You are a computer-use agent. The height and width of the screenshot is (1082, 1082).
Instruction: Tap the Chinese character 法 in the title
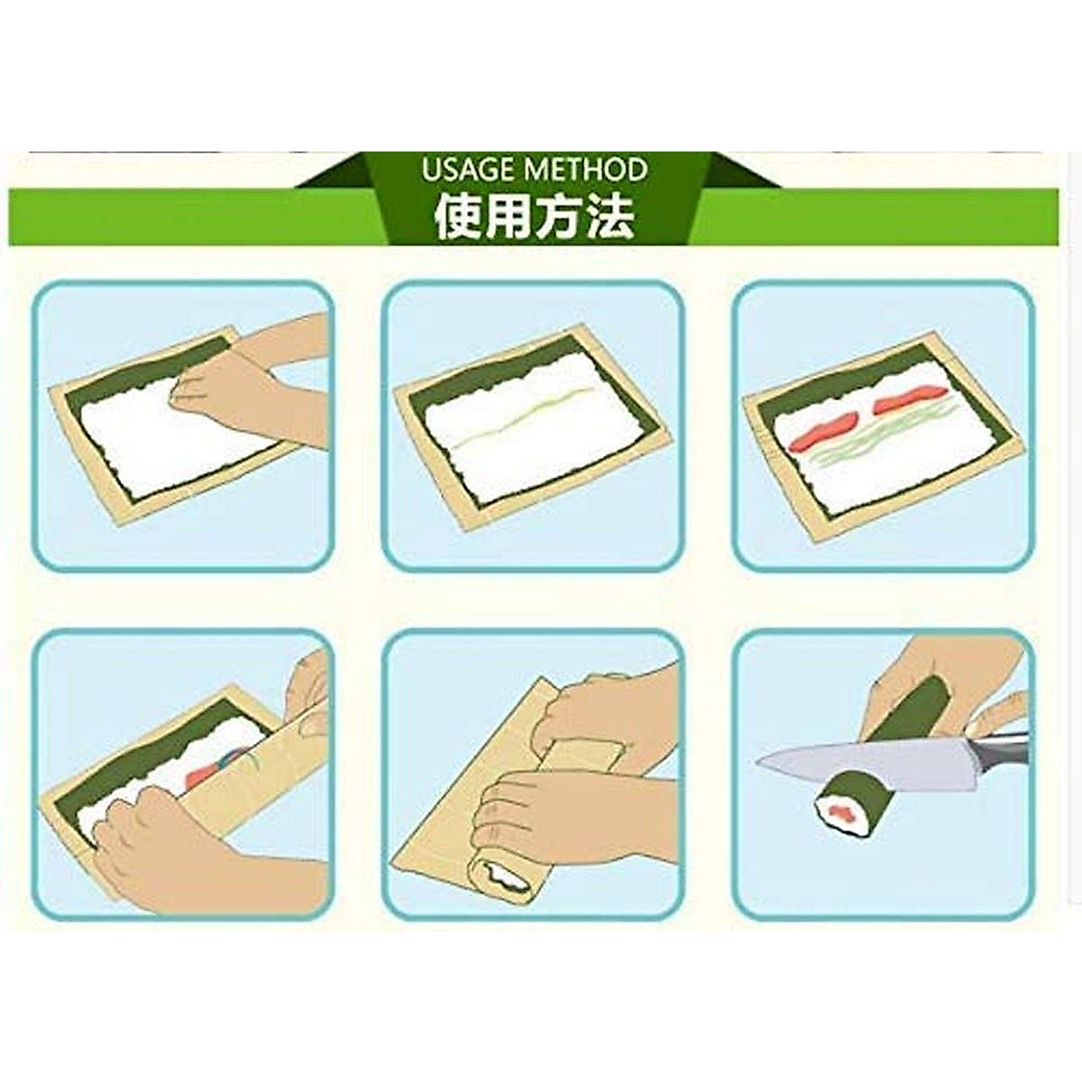610,216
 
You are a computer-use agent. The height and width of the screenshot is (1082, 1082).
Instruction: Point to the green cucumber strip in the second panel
523,417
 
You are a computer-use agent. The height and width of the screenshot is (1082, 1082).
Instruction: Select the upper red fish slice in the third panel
906,397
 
